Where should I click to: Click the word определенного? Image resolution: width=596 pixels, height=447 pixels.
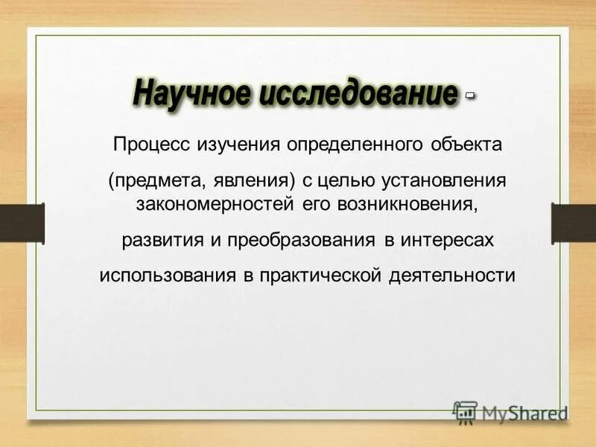346,143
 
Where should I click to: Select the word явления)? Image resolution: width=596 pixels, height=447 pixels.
251,182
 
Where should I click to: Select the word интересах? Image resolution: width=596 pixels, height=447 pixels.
448,241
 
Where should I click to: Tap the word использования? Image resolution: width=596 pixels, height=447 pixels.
168,275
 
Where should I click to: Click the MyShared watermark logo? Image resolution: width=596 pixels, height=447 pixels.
511,411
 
